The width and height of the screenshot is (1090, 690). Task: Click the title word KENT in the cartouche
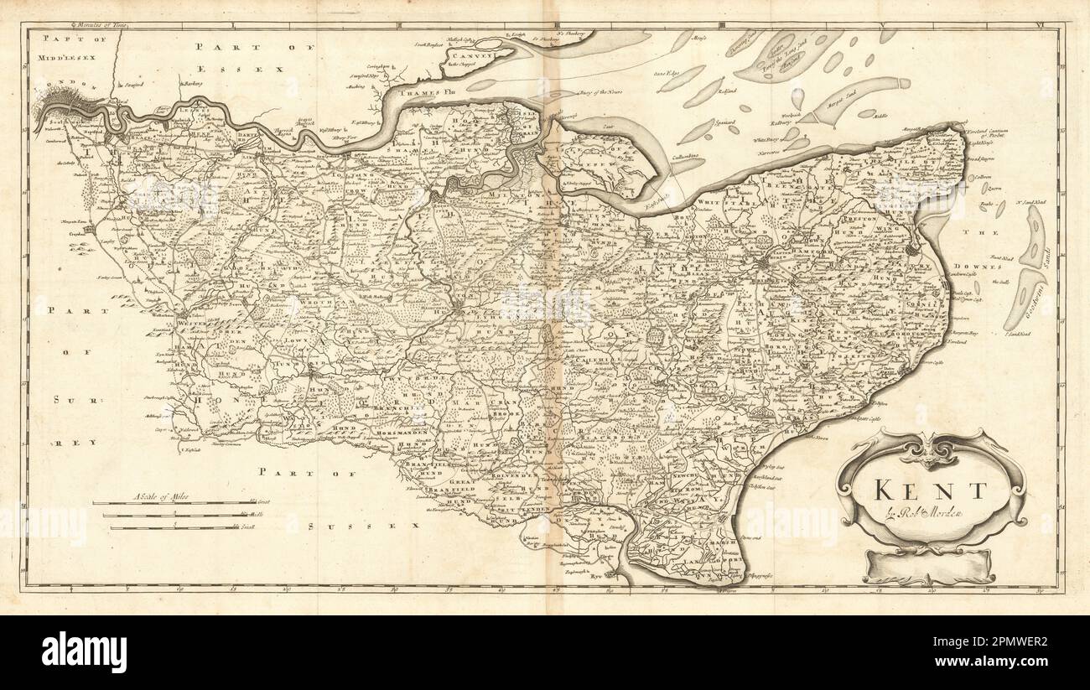click(x=930, y=490)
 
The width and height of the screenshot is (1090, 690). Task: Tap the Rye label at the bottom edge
click(x=596, y=577)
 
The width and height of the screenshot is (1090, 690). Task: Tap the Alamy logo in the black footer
click(x=84, y=652)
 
